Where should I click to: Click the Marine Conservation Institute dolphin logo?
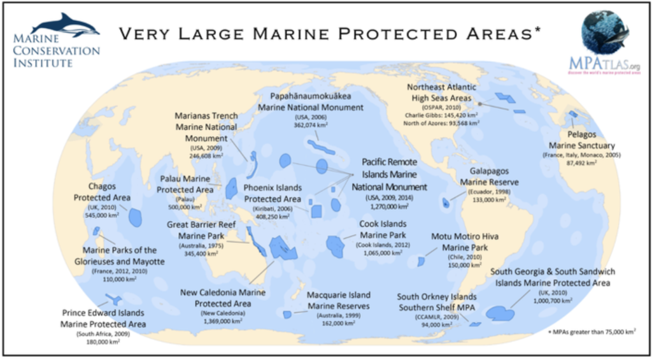(x=66, y=25)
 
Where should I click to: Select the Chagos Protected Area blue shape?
(x=136, y=217)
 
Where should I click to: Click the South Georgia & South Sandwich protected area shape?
(x=500, y=313)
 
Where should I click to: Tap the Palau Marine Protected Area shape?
(x=232, y=191)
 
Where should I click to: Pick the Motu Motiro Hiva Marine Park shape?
(x=421, y=262)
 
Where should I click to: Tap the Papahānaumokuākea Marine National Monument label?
(x=311, y=101)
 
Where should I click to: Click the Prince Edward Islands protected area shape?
(x=115, y=298)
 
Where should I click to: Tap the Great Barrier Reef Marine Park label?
(x=201, y=230)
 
